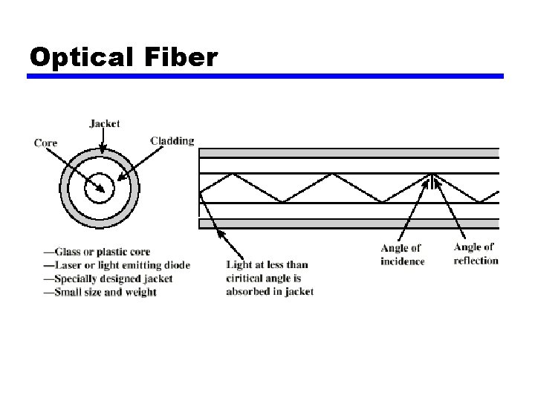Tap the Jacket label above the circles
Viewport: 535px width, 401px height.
click(104, 123)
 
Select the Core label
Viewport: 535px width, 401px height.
click(46, 143)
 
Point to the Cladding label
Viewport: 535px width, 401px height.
click(172, 140)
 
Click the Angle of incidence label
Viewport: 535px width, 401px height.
click(402, 255)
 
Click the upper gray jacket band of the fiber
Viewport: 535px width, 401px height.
click(349, 153)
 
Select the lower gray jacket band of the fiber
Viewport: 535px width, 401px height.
click(349, 223)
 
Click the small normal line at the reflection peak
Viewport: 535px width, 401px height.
click(432, 180)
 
